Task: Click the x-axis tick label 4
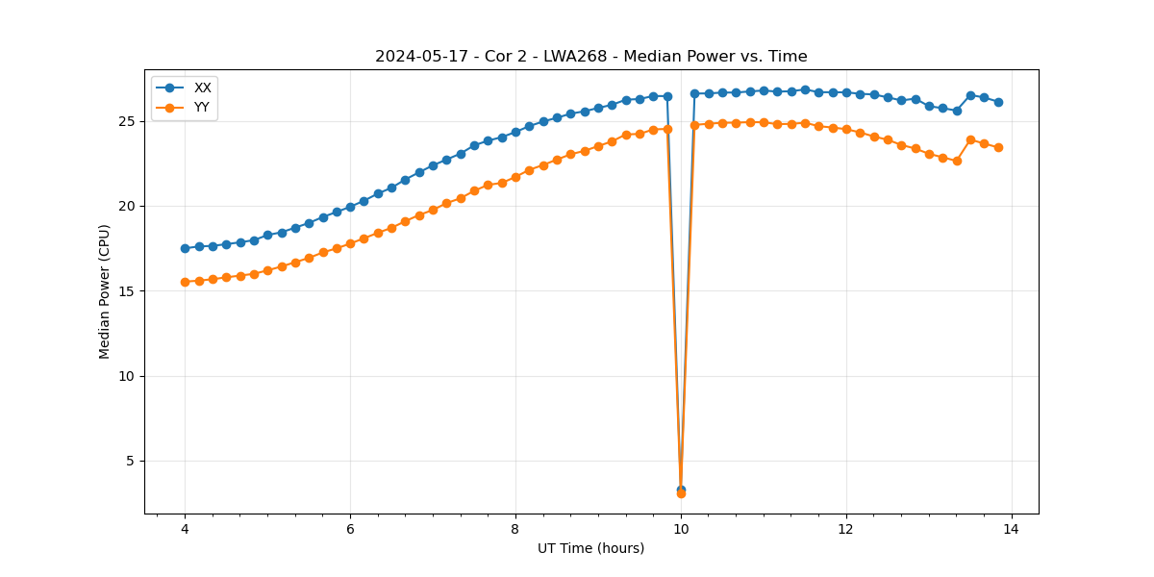click(x=185, y=529)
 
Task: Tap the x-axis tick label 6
click(x=350, y=529)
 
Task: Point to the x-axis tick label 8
click(x=515, y=529)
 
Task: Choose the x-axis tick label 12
click(x=846, y=529)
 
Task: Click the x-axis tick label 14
click(x=1012, y=529)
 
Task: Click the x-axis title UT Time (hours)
click(x=590, y=548)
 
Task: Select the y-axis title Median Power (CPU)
click(x=105, y=291)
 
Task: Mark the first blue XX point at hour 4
click(x=185, y=248)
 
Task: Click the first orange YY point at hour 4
click(x=185, y=282)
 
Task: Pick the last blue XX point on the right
click(x=998, y=102)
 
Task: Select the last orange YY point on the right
click(x=998, y=147)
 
